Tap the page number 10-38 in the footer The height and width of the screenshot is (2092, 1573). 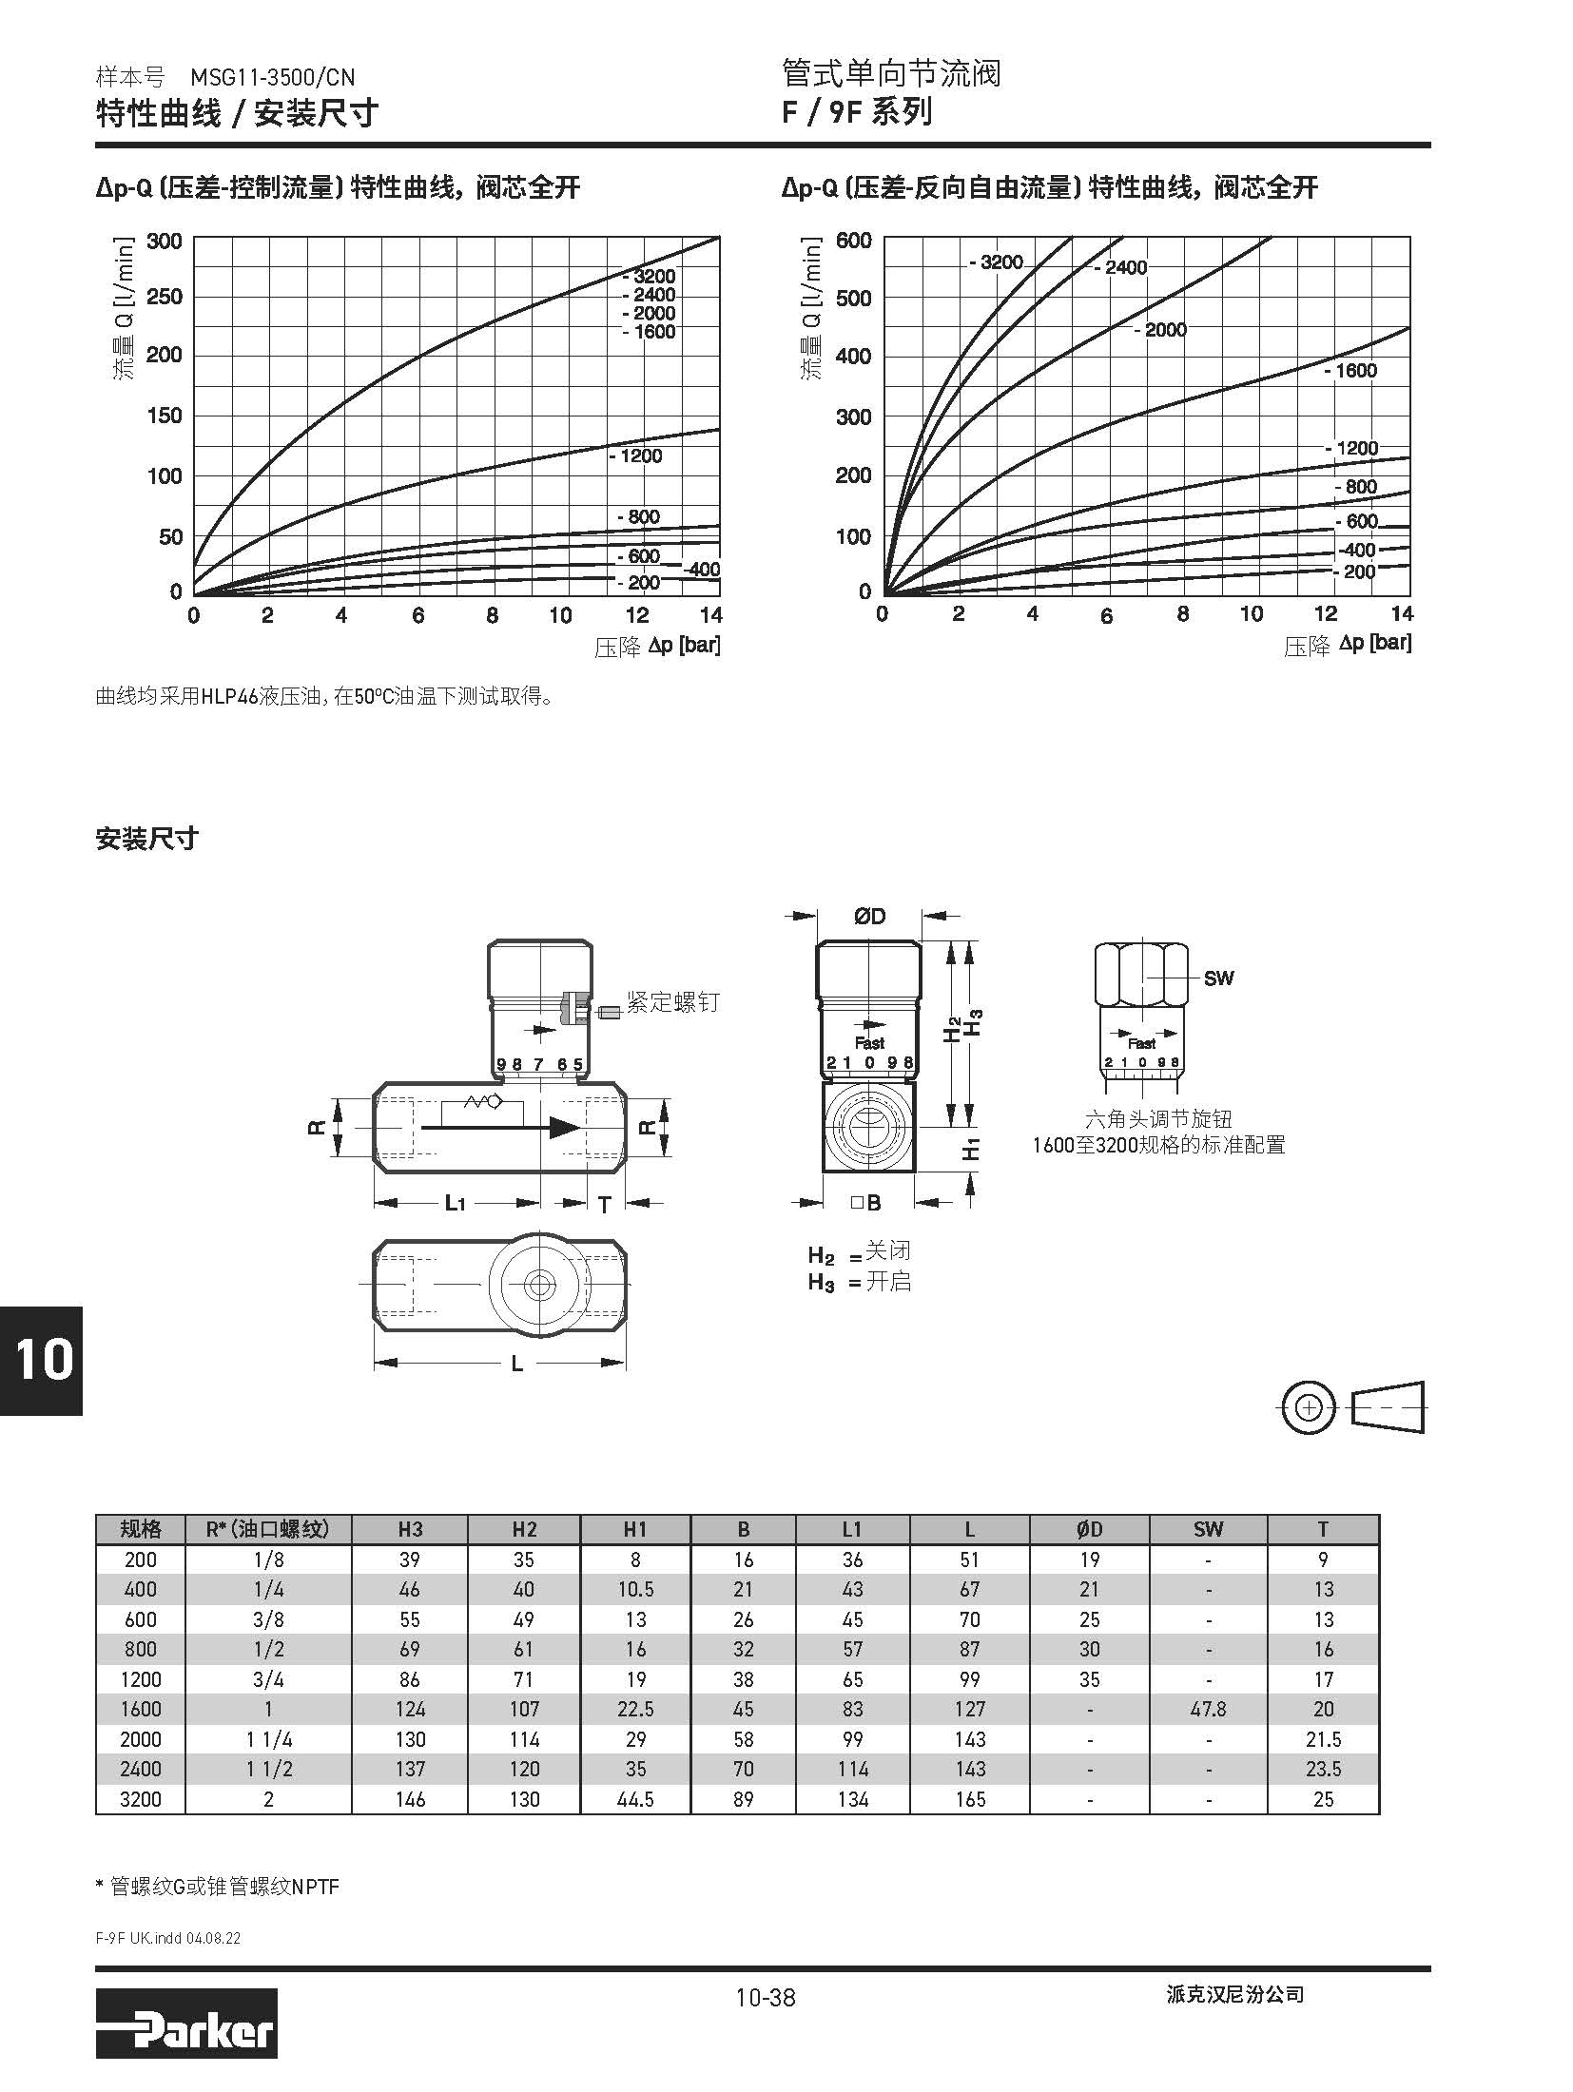click(x=765, y=1997)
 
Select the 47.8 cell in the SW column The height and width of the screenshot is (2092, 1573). click(x=1208, y=1709)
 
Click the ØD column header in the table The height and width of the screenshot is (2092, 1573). click(x=1089, y=1529)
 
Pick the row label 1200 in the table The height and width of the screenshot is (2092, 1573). click(x=141, y=1679)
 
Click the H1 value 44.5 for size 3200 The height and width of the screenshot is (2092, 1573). click(x=635, y=1799)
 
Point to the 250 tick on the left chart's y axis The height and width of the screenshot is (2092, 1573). click(x=164, y=297)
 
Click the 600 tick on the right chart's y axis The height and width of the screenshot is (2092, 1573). click(x=853, y=241)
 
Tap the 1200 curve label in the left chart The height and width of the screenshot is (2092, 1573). click(x=636, y=456)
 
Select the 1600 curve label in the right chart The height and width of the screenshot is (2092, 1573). click(x=1350, y=371)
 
